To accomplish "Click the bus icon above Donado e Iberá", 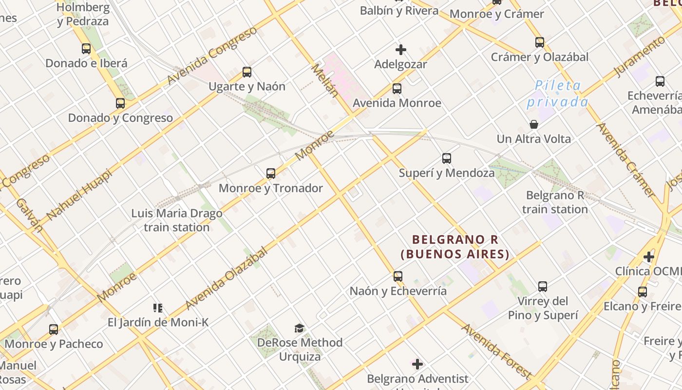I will click(x=86, y=49).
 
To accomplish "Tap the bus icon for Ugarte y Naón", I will click(x=247, y=72).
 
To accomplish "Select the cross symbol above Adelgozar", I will click(x=401, y=50).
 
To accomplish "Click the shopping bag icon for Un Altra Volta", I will click(x=534, y=124).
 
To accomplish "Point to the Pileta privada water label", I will click(x=557, y=94).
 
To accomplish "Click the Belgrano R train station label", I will click(x=555, y=202).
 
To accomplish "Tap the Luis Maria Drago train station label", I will click(x=177, y=220).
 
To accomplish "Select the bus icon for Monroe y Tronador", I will click(x=271, y=174).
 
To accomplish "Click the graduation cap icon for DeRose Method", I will click(x=299, y=328).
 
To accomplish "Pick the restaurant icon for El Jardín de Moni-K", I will click(x=158, y=308).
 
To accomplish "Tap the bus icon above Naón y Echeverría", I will click(x=398, y=276).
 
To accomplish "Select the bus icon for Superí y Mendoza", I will click(x=447, y=158).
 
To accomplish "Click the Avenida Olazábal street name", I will click(x=227, y=278).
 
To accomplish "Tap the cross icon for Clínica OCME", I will click(x=648, y=256).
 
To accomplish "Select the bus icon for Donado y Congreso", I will click(x=120, y=103).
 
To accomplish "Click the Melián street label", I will click(x=324, y=80).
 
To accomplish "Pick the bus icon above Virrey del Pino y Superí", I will click(x=543, y=287).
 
